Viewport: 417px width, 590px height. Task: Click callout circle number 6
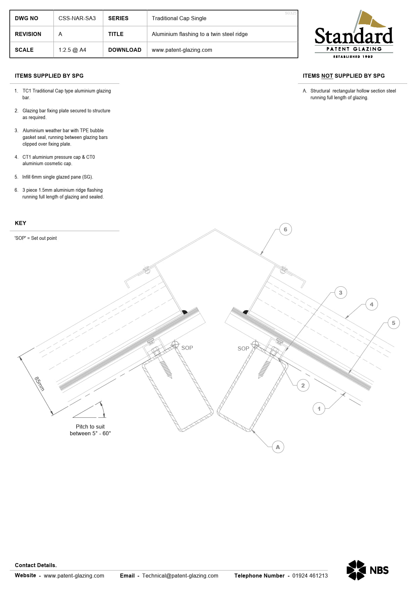point(286,229)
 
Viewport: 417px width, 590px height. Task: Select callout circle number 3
point(341,293)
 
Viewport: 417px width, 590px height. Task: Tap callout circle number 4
point(372,304)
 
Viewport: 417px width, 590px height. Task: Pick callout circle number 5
point(393,323)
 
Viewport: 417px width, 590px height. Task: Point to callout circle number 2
point(303,385)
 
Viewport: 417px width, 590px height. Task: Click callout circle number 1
point(319,409)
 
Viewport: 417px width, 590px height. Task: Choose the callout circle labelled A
point(278,447)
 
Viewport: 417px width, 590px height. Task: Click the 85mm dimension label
point(39,384)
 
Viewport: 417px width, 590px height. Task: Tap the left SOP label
point(187,348)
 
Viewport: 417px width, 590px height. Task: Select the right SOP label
point(243,348)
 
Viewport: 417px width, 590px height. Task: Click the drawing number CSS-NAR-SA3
point(77,18)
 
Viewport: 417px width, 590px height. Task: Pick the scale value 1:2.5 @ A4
point(72,50)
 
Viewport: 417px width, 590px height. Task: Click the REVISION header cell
point(28,34)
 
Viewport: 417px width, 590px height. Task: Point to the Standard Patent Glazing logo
point(353,35)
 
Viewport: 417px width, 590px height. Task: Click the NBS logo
point(368,570)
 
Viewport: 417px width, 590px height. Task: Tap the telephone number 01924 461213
point(310,576)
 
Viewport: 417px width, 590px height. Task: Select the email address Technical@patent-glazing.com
point(180,576)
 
